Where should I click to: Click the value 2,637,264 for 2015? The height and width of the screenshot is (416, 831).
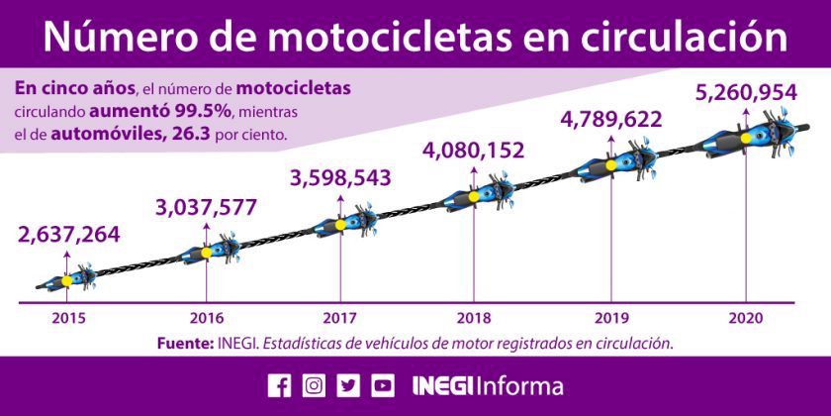tap(68, 235)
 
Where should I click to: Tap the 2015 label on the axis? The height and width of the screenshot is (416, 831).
tap(68, 318)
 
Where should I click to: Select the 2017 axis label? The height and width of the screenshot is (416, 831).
tap(340, 318)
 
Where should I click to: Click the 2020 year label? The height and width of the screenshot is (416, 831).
tap(745, 318)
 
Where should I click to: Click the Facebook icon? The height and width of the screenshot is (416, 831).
tap(280, 385)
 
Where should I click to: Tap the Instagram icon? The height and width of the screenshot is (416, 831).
tap(314, 385)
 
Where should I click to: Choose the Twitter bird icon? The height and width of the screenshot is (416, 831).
tap(348, 385)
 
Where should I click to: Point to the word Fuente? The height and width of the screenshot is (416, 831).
tap(183, 343)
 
